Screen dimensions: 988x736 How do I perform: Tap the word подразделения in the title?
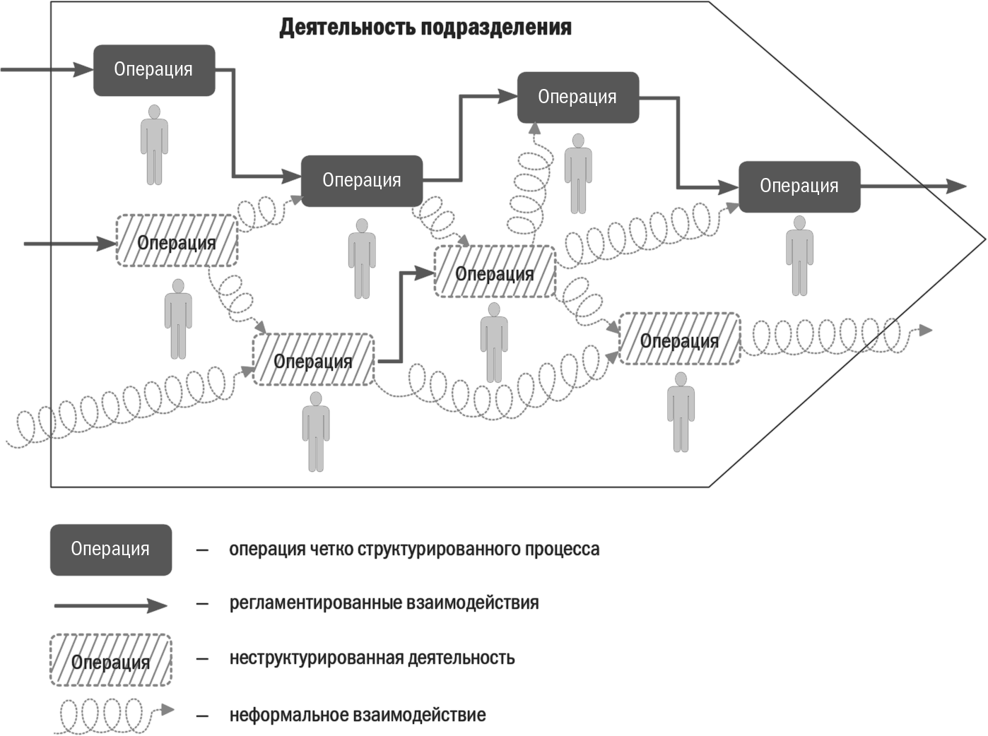coord(496,28)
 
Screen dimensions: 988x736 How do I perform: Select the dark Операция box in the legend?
coord(111,550)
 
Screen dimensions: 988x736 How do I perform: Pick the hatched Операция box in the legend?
coord(111,660)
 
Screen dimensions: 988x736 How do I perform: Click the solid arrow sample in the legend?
coord(111,605)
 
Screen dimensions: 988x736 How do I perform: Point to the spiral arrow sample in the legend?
coord(113,716)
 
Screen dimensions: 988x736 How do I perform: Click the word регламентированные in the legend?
coord(315,603)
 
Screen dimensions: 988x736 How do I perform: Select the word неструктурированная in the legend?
coord(316,658)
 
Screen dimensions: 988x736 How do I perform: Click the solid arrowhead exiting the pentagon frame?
coord(956,186)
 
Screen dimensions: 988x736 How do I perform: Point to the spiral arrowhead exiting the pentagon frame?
coord(925,330)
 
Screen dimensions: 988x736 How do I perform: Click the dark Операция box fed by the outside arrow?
coord(154,70)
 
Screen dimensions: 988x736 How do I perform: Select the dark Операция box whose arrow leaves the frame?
coord(799,186)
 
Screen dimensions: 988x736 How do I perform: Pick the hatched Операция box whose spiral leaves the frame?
coord(680,339)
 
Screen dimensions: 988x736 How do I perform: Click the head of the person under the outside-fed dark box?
coord(154,112)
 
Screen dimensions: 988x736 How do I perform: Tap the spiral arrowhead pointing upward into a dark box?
coord(534,128)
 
